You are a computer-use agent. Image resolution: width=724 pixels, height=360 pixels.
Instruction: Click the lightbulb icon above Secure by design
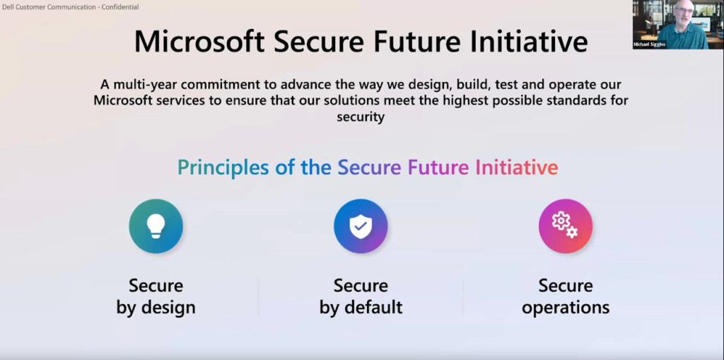156,226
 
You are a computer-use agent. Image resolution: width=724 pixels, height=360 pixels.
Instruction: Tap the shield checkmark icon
361,226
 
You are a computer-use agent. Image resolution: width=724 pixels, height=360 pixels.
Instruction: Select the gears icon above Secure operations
565,226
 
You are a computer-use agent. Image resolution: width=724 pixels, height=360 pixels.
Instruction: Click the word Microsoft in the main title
199,41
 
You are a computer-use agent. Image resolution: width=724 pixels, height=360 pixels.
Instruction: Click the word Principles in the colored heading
223,168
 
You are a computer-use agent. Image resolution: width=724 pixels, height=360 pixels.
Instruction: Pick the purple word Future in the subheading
438,167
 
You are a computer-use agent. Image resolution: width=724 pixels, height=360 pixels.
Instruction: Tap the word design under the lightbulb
168,308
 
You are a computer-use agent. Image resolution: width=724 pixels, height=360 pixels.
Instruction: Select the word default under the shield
373,307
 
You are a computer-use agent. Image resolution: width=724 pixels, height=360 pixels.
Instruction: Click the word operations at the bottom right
566,308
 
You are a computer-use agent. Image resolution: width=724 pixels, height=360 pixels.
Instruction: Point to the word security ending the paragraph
361,117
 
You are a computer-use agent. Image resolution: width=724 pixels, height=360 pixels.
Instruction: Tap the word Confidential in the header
119,7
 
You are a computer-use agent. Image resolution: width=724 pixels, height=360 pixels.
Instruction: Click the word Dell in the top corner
7,7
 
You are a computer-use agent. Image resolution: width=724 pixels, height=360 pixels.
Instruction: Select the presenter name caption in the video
650,45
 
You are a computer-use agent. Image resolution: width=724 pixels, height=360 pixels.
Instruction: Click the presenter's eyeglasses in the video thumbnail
684,11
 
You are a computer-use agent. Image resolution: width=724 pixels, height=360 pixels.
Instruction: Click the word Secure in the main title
319,41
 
